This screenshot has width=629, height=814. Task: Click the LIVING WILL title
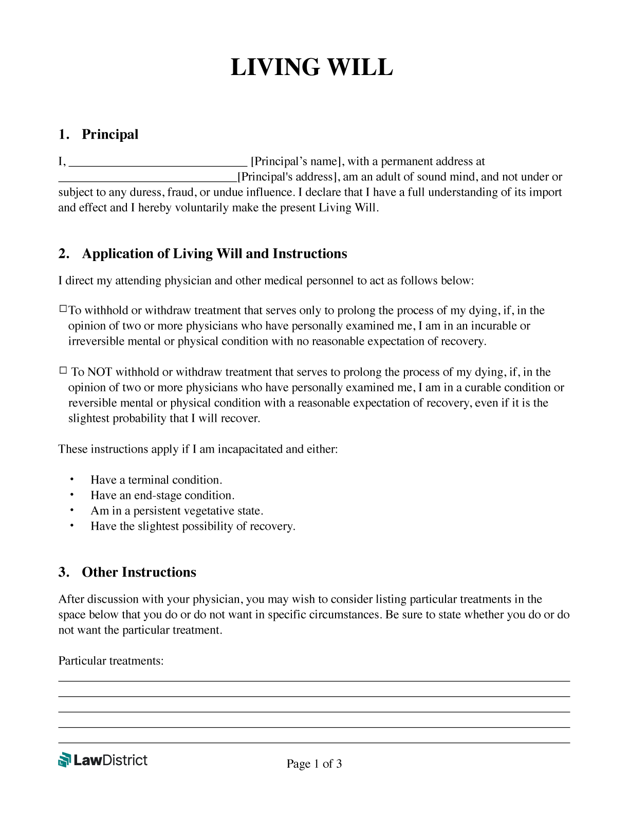tap(311, 68)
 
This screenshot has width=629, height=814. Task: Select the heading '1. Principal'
tap(99, 135)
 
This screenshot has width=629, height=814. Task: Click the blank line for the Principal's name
tap(158, 164)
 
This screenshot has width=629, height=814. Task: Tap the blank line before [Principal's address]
tap(147, 179)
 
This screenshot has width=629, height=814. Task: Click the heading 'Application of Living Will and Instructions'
tap(214, 254)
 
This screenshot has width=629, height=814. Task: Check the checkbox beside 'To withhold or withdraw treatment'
tap(63, 309)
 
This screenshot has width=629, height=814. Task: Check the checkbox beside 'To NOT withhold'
tap(63, 370)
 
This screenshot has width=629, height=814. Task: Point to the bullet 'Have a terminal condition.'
tap(156, 480)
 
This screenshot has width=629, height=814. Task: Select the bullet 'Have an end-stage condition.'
tap(162, 495)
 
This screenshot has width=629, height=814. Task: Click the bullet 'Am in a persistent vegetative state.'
tap(177, 511)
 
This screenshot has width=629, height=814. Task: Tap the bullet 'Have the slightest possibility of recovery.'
tap(193, 526)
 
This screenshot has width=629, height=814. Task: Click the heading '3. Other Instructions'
tap(127, 572)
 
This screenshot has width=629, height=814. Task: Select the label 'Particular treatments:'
tap(111, 661)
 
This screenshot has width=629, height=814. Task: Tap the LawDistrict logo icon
tap(64, 760)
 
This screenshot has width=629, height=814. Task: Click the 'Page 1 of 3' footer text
tap(314, 764)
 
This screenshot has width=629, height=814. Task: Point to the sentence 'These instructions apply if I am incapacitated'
tap(198, 449)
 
